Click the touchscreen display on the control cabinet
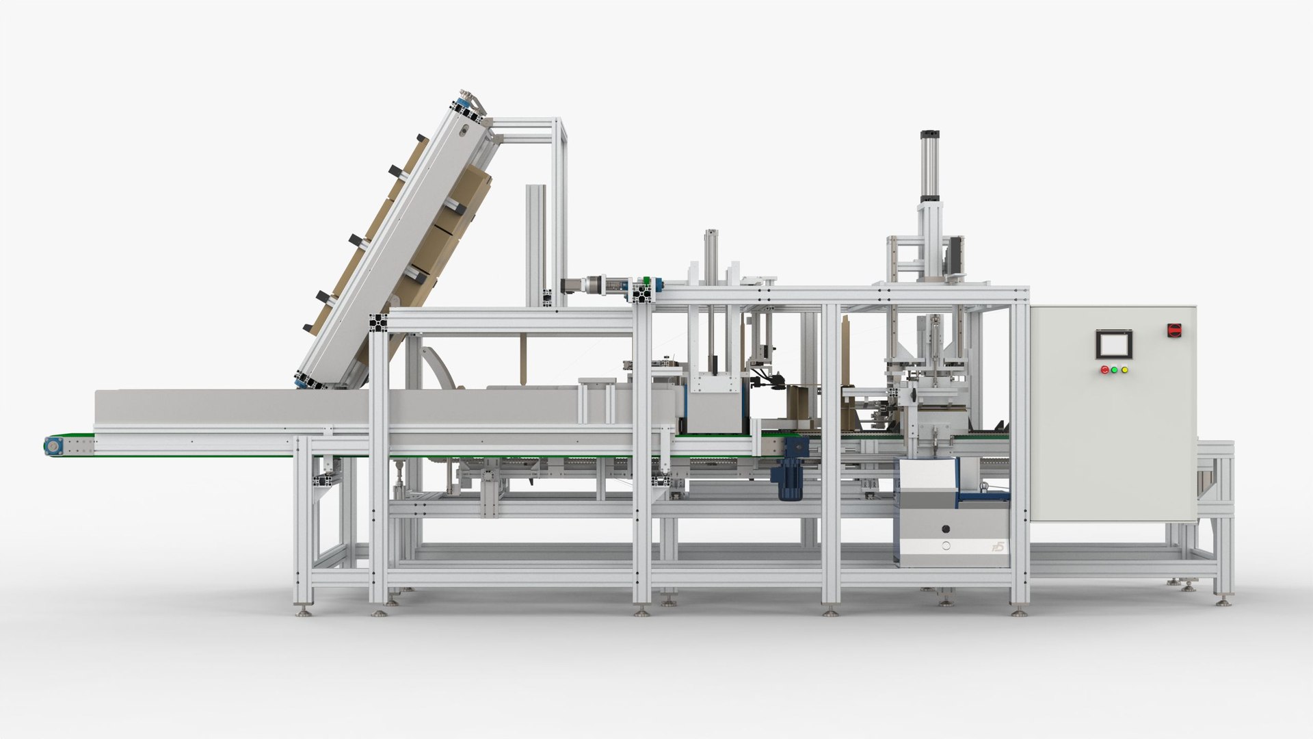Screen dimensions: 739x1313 [1113, 344]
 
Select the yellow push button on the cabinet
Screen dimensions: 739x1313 [1125, 370]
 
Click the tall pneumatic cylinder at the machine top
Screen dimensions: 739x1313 [929, 164]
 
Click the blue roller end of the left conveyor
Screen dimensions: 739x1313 [52, 445]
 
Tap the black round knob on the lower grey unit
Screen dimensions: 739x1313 [946, 529]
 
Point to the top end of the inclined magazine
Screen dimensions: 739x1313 [470, 103]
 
